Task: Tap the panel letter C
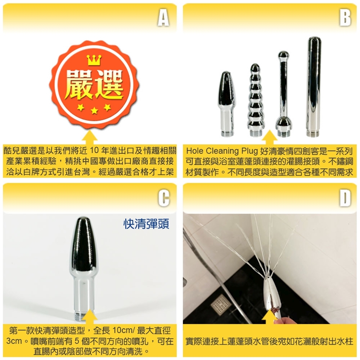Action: pyautogui.click(x=163, y=198)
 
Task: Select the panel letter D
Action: pyautogui.click(x=345, y=198)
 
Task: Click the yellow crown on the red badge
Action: pyautogui.click(x=94, y=60)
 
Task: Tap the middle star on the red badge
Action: pyautogui.click(x=94, y=111)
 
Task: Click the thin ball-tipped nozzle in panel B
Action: pyautogui.click(x=284, y=94)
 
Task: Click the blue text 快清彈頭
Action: pyautogui.click(x=146, y=224)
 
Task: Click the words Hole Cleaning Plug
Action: pyautogui.click(x=222, y=151)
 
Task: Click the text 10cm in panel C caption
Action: pyautogui.click(x=122, y=331)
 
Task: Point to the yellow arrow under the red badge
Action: pyautogui.click(x=90, y=137)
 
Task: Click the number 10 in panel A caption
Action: pyautogui.click(x=95, y=151)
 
